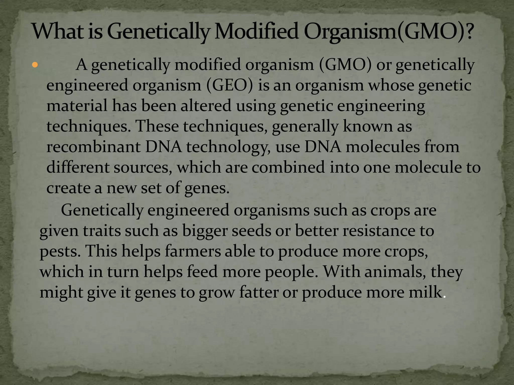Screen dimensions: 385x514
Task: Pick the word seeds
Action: (x=251, y=231)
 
